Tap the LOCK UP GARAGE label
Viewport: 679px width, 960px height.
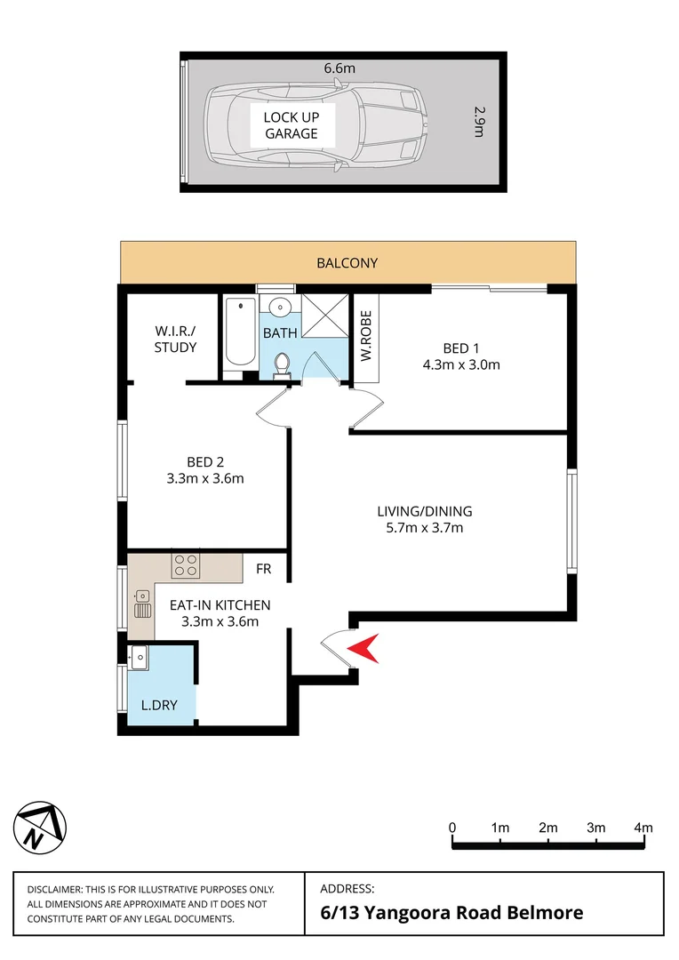point(291,125)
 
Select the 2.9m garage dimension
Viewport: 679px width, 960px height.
point(478,122)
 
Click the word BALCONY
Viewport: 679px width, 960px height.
point(347,263)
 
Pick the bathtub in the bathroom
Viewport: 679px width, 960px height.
point(239,333)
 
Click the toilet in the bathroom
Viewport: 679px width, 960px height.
point(282,364)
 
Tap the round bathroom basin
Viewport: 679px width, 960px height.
point(280,308)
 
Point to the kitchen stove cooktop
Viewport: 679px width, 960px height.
point(186,564)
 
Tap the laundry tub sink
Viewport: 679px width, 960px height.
point(139,658)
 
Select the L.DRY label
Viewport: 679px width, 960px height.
point(160,706)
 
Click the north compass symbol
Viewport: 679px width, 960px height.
point(40,826)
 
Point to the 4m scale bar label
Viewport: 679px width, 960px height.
point(643,828)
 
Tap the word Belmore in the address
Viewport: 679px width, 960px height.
point(546,912)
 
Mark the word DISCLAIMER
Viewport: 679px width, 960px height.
point(55,890)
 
